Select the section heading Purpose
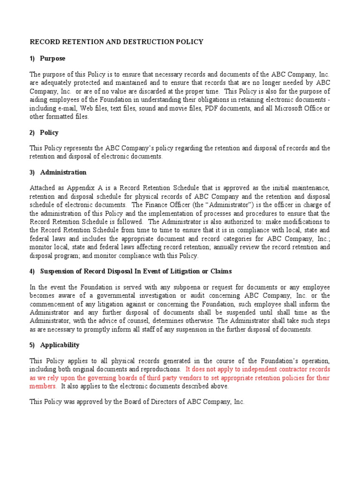coord(52,59)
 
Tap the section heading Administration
coord(63,172)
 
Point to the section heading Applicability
coord(60,345)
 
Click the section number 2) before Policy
coord(33,133)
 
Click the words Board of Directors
coord(153,402)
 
